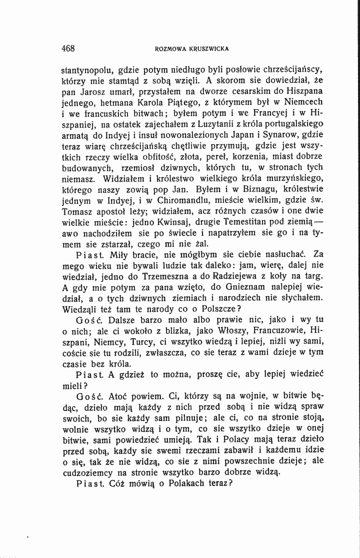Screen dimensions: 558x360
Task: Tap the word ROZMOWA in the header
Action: (x=170, y=49)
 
